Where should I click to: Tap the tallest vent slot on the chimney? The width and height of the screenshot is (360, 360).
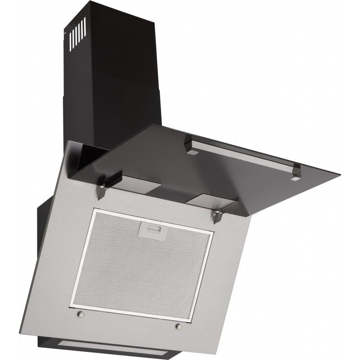click(83, 32)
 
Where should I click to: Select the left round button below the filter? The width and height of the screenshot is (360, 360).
click(81, 314)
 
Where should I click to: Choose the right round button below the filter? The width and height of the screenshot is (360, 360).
click(179, 326)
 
